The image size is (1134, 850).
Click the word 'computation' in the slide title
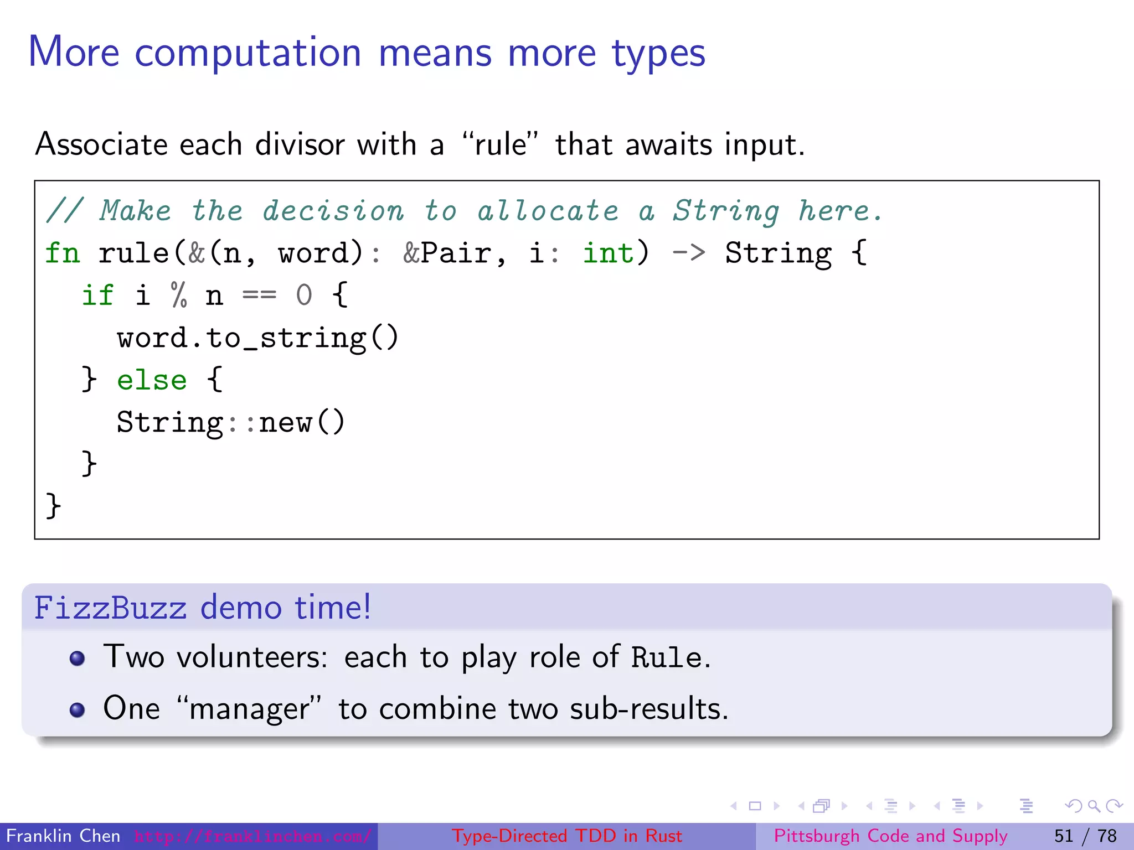tap(248, 53)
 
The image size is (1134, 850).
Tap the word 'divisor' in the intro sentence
tap(300, 145)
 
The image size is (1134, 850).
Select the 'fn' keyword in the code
tap(63, 253)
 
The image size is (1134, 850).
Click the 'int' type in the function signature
tap(608, 253)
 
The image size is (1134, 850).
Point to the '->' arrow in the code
tap(688, 253)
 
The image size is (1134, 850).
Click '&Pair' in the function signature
tap(446, 253)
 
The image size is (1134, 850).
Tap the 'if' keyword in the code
tap(98, 296)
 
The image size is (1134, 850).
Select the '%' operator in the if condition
tap(179, 296)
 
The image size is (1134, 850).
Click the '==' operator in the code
tap(259, 296)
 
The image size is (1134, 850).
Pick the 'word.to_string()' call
tap(257, 338)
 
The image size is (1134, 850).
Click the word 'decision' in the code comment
tap(333, 211)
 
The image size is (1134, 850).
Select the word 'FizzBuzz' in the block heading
tap(111, 608)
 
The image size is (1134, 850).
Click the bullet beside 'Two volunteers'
tap(78, 659)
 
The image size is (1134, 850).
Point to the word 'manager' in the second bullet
tap(249, 709)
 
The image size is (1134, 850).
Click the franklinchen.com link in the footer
tap(252, 836)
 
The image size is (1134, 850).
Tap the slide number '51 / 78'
tap(1085, 836)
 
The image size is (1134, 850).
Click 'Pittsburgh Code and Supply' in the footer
tap(890, 836)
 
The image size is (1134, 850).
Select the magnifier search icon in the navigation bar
tap(1094, 806)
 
